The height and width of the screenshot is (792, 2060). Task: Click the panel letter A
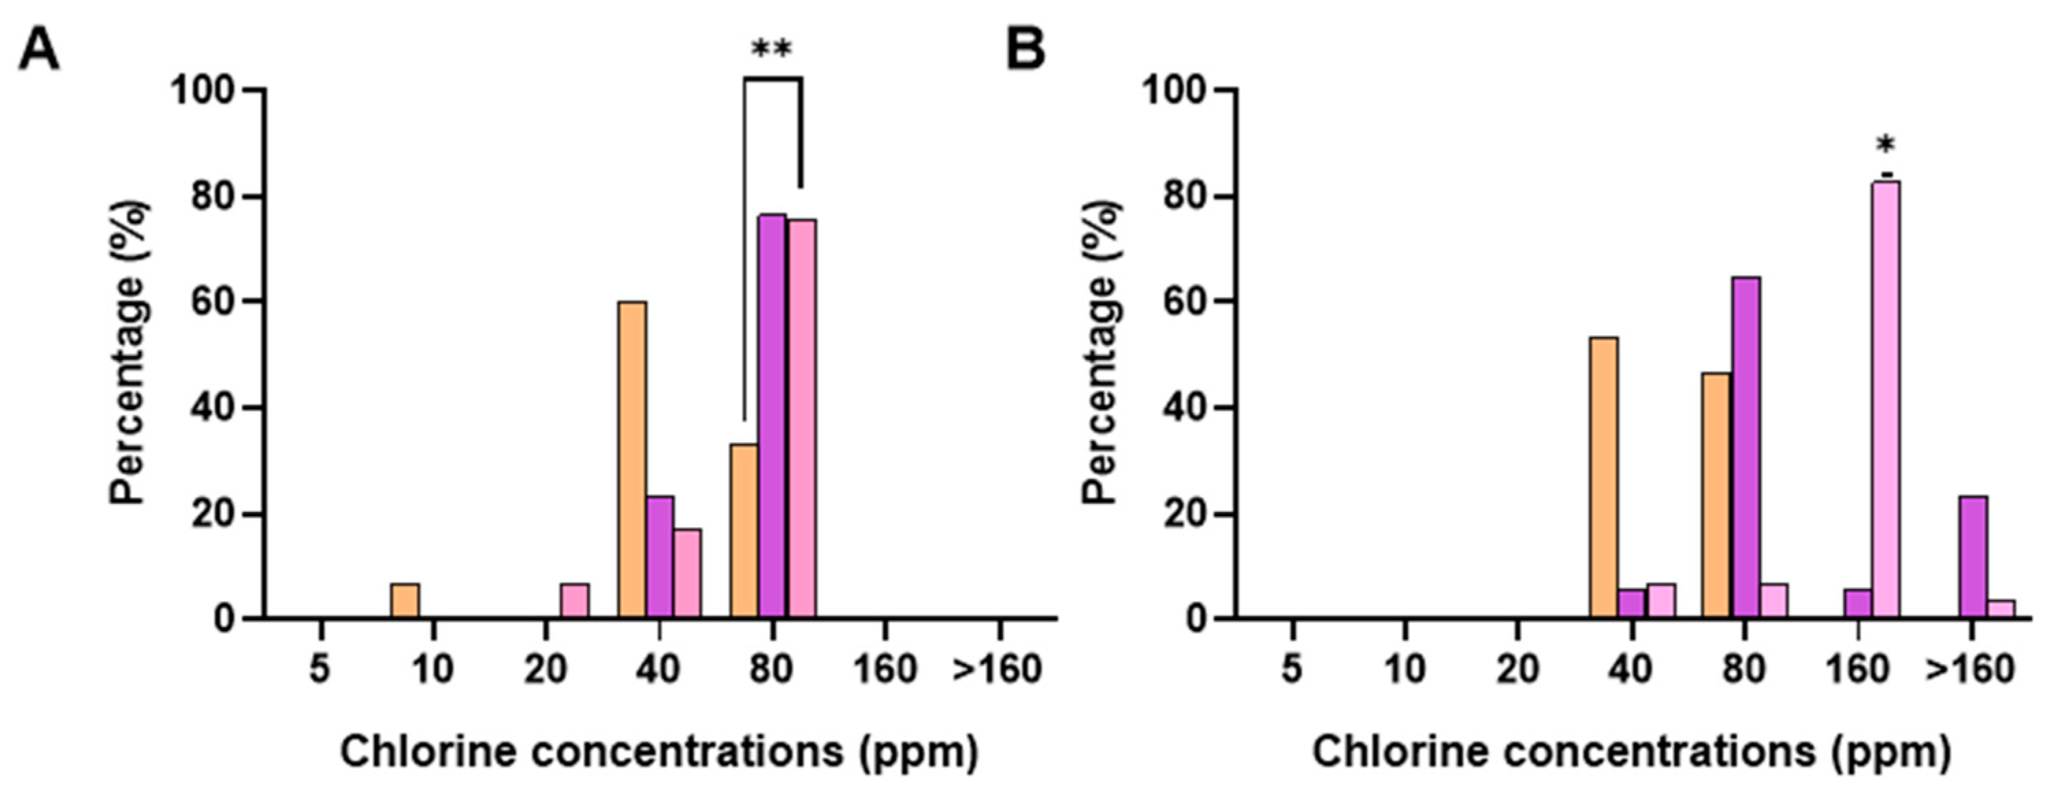pyautogui.click(x=38, y=49)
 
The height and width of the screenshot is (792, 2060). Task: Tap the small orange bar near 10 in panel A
pyautogui.click(x=404, y=601)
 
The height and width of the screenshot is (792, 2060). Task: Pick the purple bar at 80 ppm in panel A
pyautogui.click(x=772, y=416)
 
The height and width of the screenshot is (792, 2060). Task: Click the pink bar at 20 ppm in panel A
pyautogui.click(x=574, y=601)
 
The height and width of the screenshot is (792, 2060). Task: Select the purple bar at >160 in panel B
pyautogui.click(x=1974, y=558)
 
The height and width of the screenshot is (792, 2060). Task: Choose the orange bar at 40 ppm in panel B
pyautogui.click(x=1604, y=478)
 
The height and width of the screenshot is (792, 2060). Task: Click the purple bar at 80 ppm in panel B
pyautogui.click(x=1747, y=448)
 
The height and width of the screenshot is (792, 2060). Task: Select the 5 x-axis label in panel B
pyautogui.click(x=1291, y=669)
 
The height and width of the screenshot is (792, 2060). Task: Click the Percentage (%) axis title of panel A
pyautogui.click(x=128, y=352)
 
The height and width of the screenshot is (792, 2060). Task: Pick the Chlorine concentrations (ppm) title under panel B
pyautogui.click(x=1631, y=752)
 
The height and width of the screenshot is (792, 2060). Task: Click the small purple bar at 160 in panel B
pyautogui.click(x=1857, y=604)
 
